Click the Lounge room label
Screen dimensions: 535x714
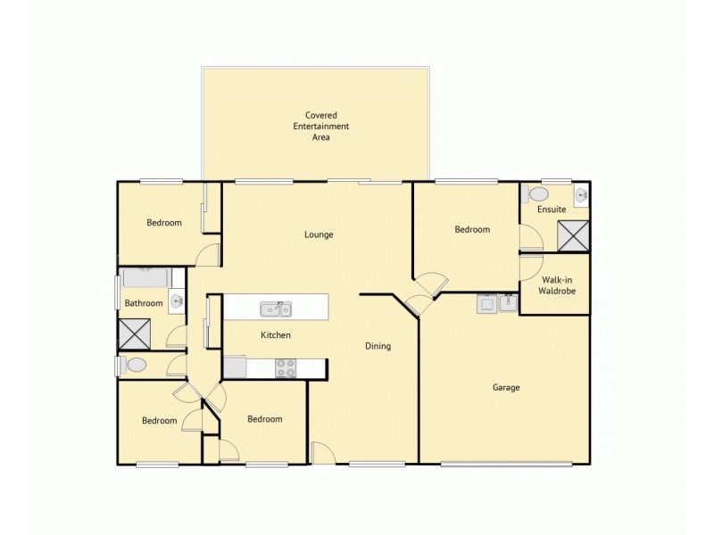[x=319, y=235]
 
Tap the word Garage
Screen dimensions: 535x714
[x=506, y=388]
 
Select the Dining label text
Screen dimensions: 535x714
[x=378, y=346]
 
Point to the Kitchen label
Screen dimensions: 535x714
[x=276, y=335]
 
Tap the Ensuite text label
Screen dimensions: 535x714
[x=551, y=210]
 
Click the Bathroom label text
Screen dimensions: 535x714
[x=143, y=303]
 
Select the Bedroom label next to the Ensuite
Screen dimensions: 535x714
[x=472, y=229]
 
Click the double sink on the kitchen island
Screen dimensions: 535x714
[x=275, y=309]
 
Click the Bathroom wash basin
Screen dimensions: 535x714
[x=177, y=302]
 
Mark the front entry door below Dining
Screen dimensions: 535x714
[x=321, y=453]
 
